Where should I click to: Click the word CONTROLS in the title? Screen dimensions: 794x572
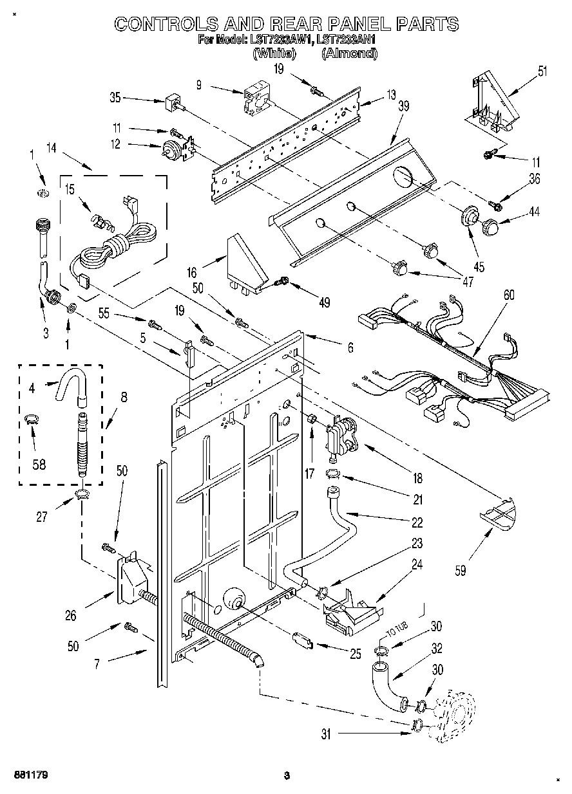click(165, 24)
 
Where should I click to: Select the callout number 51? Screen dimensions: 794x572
click(542, 71)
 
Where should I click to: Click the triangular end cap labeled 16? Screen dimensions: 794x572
click(245, 264)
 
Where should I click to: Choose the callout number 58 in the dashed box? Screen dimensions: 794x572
click(39, 463)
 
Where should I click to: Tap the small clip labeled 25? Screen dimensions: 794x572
click(301, 641)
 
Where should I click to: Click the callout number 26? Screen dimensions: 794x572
click(70, 616)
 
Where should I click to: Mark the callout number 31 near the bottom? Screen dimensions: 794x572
click(326, 734)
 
